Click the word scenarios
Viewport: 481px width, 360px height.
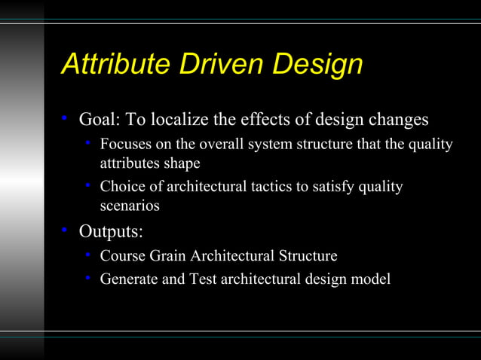click(x=130, y=204)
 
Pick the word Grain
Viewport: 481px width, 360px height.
click(x=167, y=256)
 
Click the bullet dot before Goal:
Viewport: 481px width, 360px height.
click(x=66, y=118)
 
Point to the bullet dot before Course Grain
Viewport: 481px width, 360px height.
click(x=88, y=255)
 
